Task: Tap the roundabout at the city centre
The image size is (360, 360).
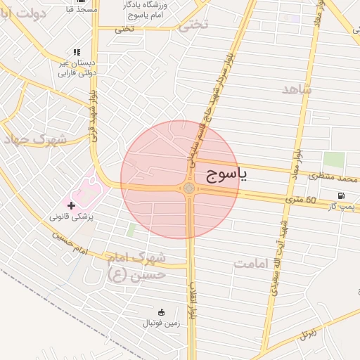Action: [x=189, y=188]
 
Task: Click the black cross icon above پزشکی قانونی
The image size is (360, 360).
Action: [x=71, y=205]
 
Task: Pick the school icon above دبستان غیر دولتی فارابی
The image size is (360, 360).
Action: [x=77, y=52]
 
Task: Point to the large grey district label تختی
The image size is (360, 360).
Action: [x=194, y=26]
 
